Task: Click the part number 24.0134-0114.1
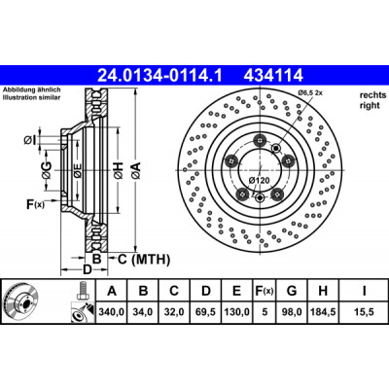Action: pyautogui.click(x=159, y=76)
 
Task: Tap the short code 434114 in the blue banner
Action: pyautogui.click(x=273, y=76)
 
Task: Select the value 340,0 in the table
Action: pyautogui.click(x=111, y=312)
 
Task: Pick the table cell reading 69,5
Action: pyautogui.click(x=206, y=312)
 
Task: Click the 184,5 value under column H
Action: pyautogui.click(x=323, y=312)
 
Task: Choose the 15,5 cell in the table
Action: pyautogui.click(x=364, y=312)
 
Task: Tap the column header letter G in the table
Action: pyautogui.click(x=292, y=291)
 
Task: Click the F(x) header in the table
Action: pyautogui.click(x=265, y=291)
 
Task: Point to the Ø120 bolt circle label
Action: pyautogui.click(x=259, y=180)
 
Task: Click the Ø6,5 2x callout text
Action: pyautogui.click(x=310, y=93)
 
